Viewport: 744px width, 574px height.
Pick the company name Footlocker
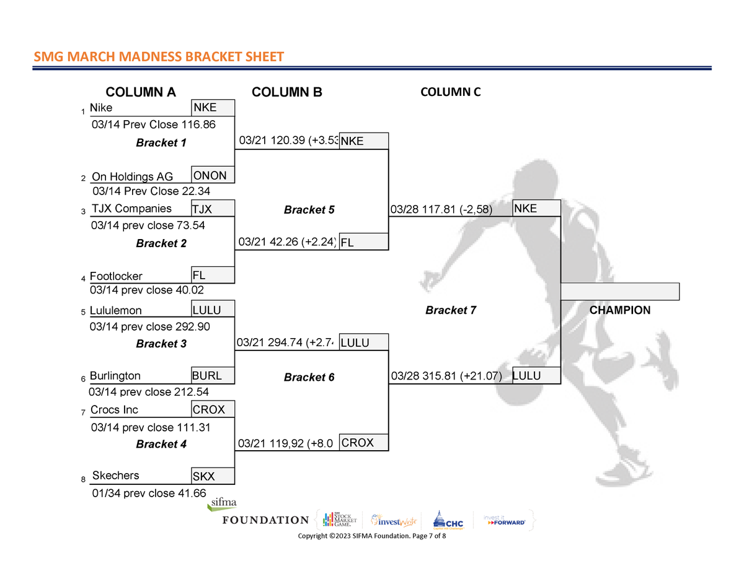(x=116, y=276)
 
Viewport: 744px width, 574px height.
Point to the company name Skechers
(x=115, y=476)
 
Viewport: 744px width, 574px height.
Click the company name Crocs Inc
(x=114, y=410)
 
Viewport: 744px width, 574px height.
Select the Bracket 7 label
(x=450, y=310)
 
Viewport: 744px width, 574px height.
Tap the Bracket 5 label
(x=309, y=210)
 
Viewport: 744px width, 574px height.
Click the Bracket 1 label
(x=161, y=143)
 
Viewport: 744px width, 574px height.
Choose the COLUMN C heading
(x=450, y=92)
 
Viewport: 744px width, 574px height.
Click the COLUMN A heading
(x=141, y=93)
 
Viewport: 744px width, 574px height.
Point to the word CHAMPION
(x=620, y=310)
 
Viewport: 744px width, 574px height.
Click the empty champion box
(x=620, y=292)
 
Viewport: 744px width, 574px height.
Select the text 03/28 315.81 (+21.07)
(x=446, y=376)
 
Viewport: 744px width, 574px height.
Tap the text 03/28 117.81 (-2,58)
(x=441, y=209)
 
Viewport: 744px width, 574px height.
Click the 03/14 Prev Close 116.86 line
(x=153, y=125)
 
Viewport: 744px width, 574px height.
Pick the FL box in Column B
(x=364, y=243)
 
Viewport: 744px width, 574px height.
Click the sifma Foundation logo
(x=265, y=513)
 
